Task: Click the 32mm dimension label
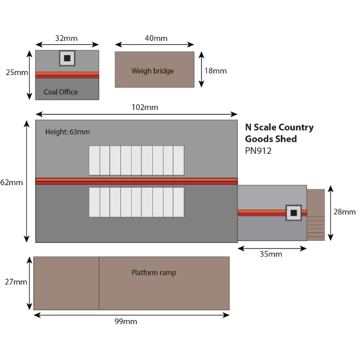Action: [x=67, y=38]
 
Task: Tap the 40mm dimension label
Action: [x=156, y=39]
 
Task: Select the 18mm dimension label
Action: [x=215, y=70]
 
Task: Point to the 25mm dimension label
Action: [x=17, y=73]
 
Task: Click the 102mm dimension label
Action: [x=145, y=107]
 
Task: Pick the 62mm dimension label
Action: [x=12, y=182]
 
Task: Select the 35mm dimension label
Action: [x=271, y=254]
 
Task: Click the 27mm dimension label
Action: [x=16, y=281]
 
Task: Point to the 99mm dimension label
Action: [x=125, y=321]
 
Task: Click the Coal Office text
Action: [x=61, y=92]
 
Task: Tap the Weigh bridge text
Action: [x=153, y=71]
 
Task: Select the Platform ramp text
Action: [x=153, y=273]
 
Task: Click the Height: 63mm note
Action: [x=67, y=132]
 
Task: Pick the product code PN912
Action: [x=258, y=151]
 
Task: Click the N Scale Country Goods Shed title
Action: [x=279, y=133]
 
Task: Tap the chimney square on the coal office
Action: [x=67, y=58]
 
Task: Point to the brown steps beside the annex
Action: [x=316, y=214]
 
